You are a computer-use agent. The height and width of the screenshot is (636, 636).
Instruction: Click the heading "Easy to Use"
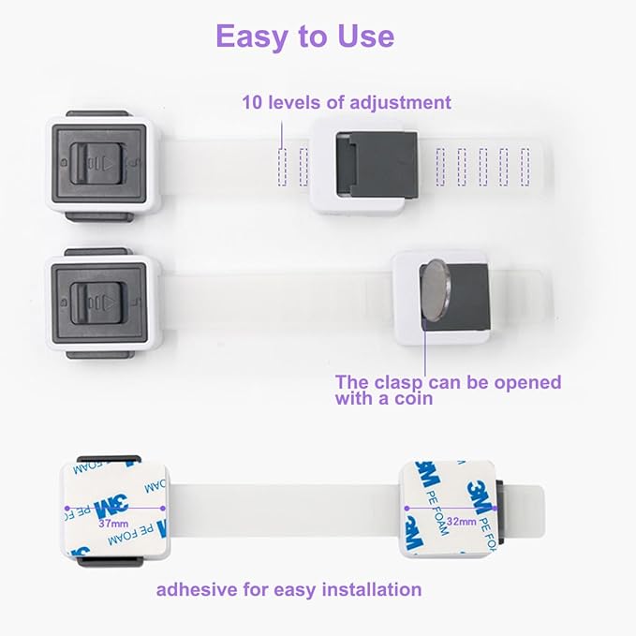(304, 36)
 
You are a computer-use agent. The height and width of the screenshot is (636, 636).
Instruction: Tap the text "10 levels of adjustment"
(347, 102)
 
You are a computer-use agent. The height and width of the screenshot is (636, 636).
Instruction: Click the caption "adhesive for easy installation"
(288, 589)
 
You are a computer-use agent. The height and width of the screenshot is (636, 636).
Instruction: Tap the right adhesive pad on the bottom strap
(449, 508)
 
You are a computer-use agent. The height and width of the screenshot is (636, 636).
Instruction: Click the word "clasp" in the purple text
(394, 382)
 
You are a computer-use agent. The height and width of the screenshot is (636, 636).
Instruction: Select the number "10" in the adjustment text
(252, 102)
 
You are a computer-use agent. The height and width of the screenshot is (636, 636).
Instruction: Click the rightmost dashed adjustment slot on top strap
(524, 166)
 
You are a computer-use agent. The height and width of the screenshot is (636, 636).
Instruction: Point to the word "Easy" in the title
(250, 36)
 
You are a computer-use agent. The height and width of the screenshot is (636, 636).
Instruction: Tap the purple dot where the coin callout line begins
(426, 323)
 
